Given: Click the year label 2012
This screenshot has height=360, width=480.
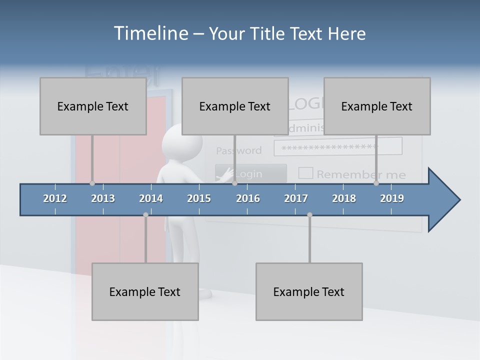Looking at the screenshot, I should [55, 198].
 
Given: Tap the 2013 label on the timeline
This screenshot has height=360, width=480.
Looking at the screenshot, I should [103, 198].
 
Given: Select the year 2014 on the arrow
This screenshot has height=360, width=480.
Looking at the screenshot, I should [151, 198].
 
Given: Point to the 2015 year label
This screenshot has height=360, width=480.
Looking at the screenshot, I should [199, 198].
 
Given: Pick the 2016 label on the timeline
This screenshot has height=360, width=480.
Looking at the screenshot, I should [248, 198].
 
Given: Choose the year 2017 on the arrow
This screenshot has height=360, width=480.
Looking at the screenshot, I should [296, 198].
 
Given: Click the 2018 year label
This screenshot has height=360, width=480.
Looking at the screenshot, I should [344, 198].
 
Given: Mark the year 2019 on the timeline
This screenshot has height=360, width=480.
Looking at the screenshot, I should [392, 198].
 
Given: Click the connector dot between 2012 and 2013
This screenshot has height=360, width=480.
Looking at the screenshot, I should [92, 183].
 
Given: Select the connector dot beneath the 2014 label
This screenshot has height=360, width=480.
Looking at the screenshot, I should [145, 214].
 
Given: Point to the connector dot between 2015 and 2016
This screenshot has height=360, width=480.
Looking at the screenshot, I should [234, 183].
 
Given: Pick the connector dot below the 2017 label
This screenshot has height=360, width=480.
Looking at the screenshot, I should [309, 214].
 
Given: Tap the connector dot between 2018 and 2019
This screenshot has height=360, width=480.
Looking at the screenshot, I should [376, 183].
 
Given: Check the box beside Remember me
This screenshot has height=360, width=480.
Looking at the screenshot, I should [305, 173].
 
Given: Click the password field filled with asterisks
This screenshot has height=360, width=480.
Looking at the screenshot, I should [338, 146].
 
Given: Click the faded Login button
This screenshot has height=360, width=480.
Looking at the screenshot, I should [251, 173].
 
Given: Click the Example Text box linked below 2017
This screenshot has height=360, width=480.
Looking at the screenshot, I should [309, 291].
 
